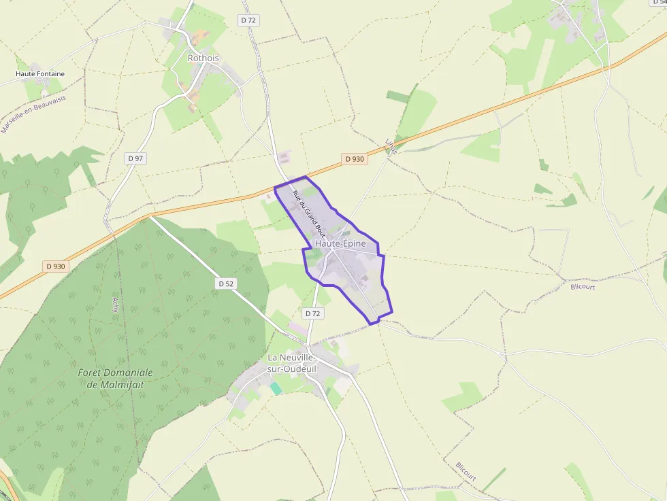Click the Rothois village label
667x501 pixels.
(x=204, y=58)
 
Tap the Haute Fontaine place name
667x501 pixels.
(x=40, y=73)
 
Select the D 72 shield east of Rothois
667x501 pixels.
(x=248, y=20)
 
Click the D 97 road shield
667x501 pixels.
(x=136, y=158)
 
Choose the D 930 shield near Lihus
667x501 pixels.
(x=354, y=159)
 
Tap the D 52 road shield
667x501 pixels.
(x=227, y=283)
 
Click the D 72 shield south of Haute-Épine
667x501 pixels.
(x=312, y=313)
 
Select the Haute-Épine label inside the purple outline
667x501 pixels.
(x=340, y=243)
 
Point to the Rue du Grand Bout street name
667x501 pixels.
(x=310, y=213)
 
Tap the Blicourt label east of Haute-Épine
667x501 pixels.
(x=583, y=287)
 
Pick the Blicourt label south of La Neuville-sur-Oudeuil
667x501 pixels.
(x=466, y=472)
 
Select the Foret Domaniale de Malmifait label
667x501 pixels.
(x=115, y=378)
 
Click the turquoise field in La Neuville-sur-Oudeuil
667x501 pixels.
(x=275, y=387)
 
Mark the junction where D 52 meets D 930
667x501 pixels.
(x=150, y=216)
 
